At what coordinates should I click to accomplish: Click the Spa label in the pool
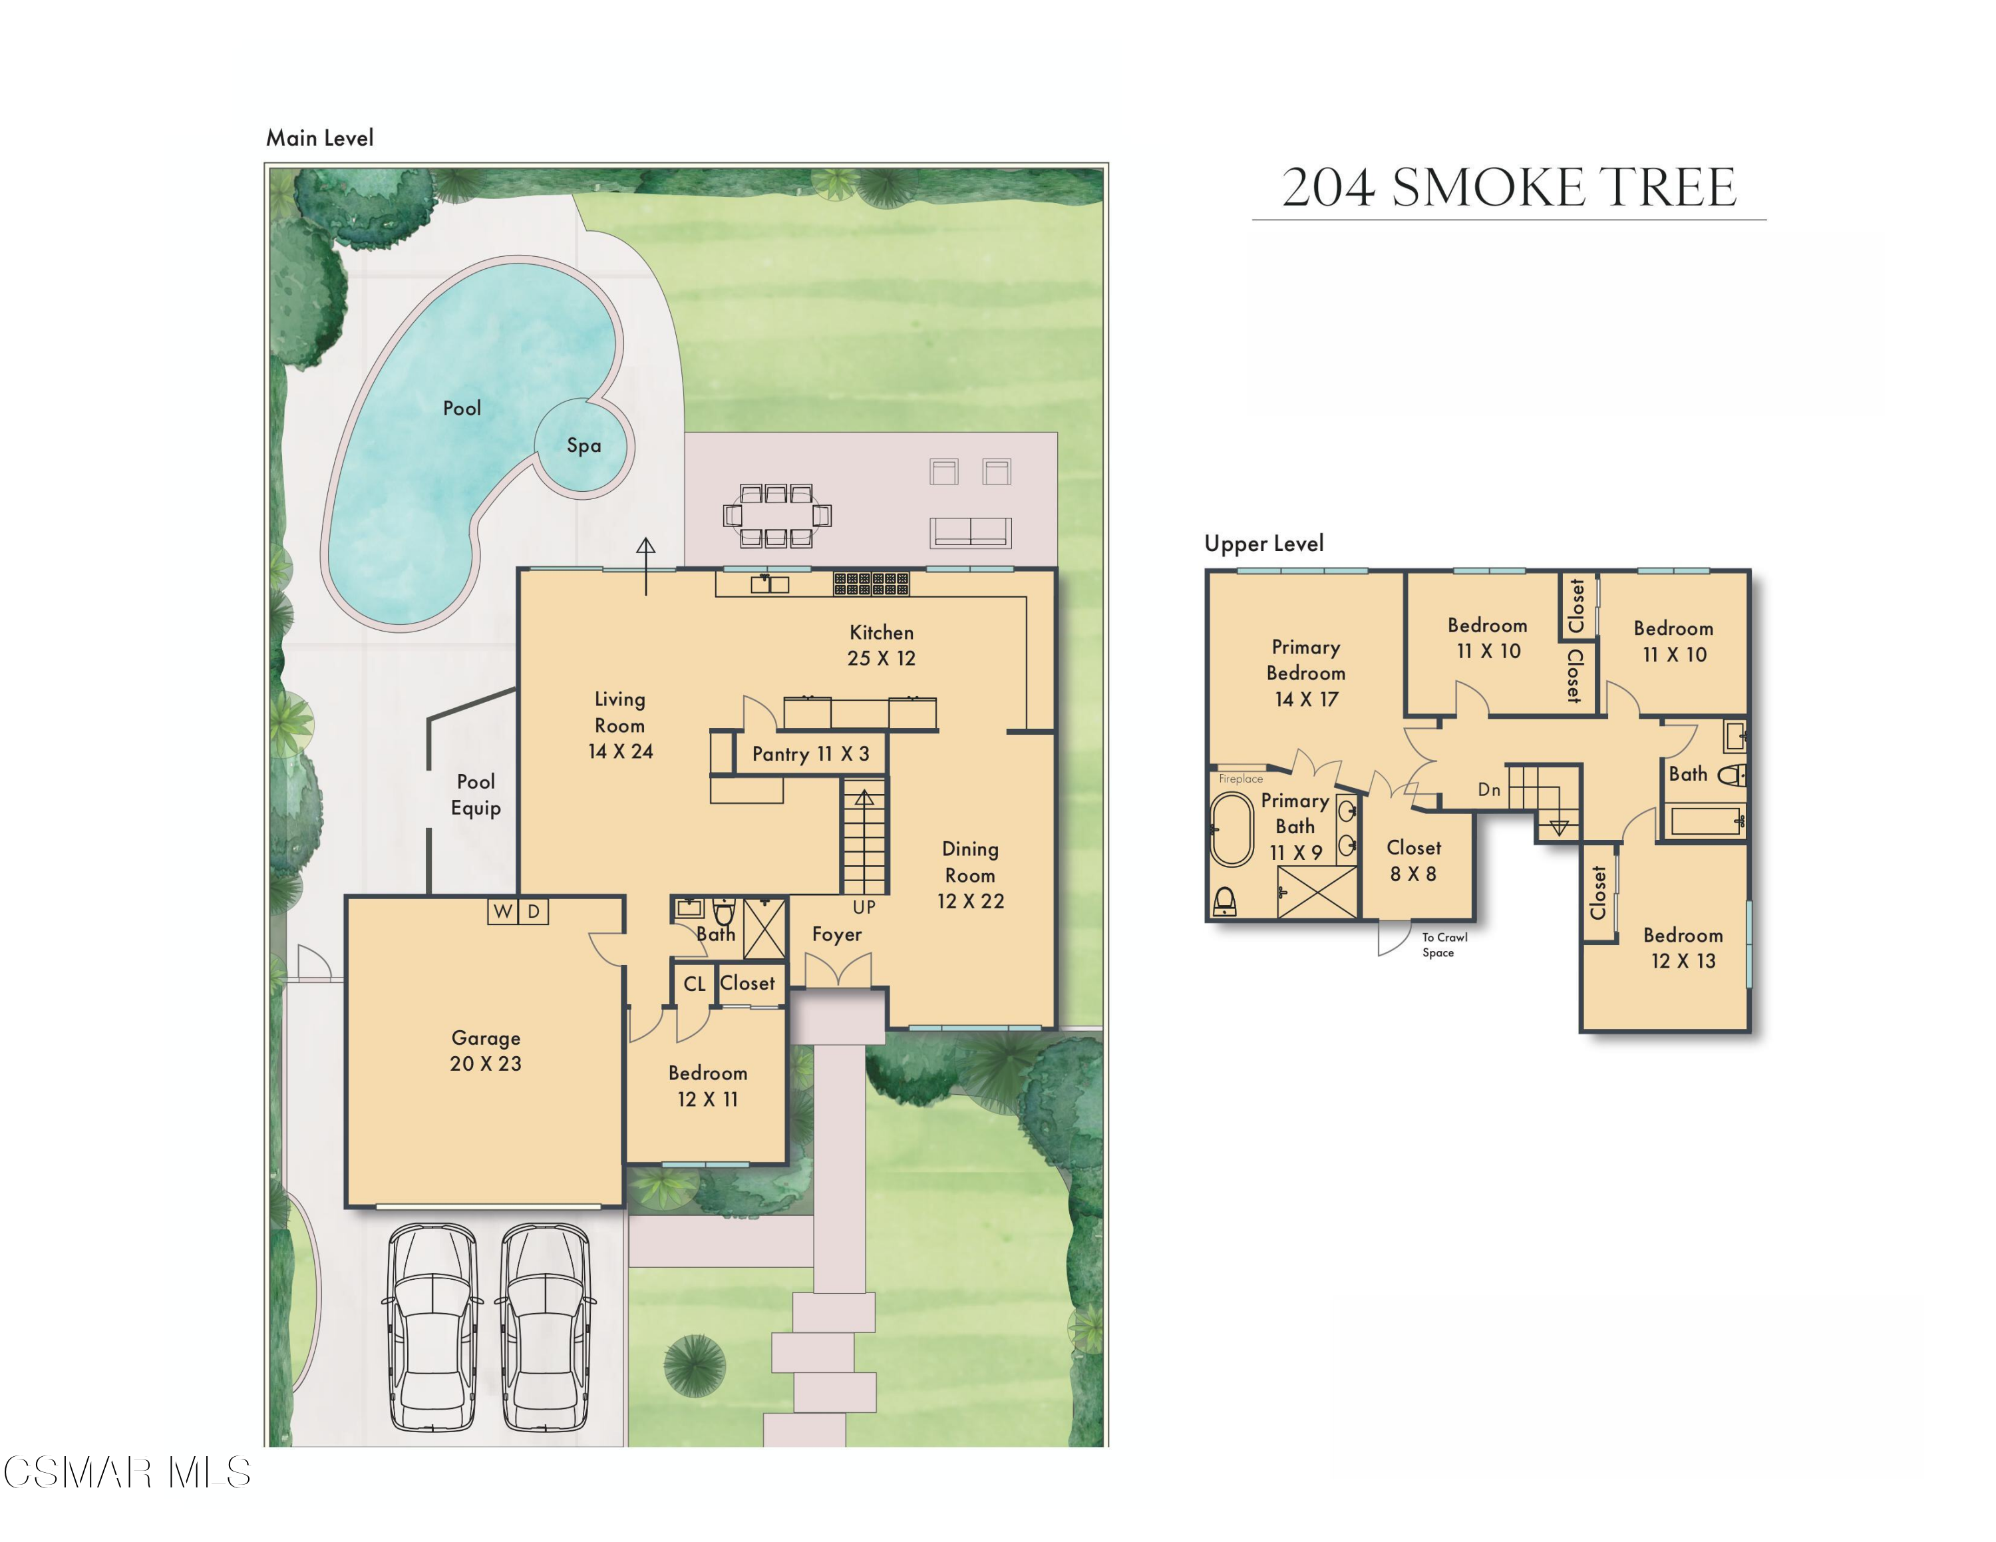583,445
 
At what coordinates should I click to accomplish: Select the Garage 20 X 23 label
485,1050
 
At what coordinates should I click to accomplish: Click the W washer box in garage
502,911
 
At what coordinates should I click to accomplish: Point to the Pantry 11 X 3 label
810,754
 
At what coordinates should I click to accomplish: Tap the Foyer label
836,934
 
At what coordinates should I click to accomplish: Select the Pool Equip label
475,795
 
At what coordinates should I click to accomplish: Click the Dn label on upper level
1489,790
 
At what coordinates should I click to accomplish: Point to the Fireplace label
1240,779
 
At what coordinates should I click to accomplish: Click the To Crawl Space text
1443,944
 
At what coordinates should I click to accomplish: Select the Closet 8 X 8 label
1413,860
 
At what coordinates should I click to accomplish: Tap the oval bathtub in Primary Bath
1231,829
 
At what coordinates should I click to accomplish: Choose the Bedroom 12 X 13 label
1683,948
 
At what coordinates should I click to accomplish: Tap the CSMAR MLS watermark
126,1473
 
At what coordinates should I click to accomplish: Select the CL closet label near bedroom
694,984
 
